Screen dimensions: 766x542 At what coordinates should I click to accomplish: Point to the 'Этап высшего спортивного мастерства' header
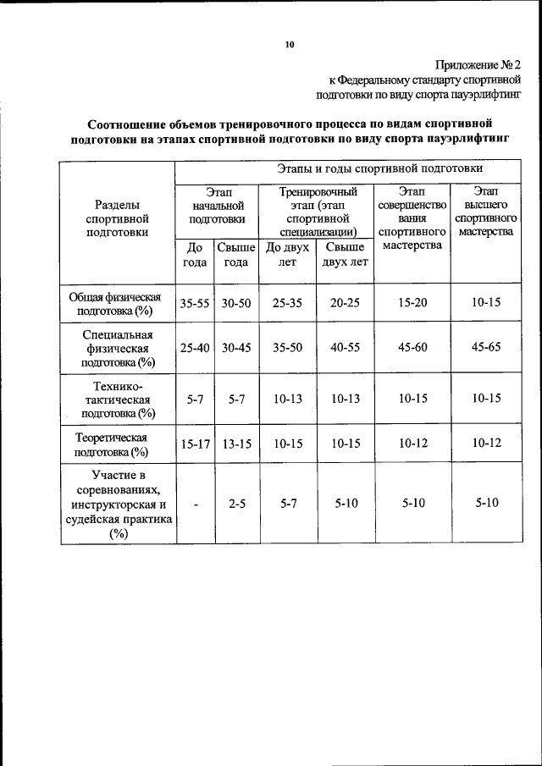(485, 211)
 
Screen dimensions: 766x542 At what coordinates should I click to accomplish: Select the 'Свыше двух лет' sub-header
(345, 254)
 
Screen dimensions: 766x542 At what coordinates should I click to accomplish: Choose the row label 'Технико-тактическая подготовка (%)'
(118, 400)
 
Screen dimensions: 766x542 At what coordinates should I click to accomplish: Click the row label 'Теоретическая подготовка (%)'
(118, 444)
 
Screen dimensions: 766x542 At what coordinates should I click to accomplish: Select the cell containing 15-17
(194, 444)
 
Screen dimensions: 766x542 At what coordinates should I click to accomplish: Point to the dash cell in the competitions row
(195, 504)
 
